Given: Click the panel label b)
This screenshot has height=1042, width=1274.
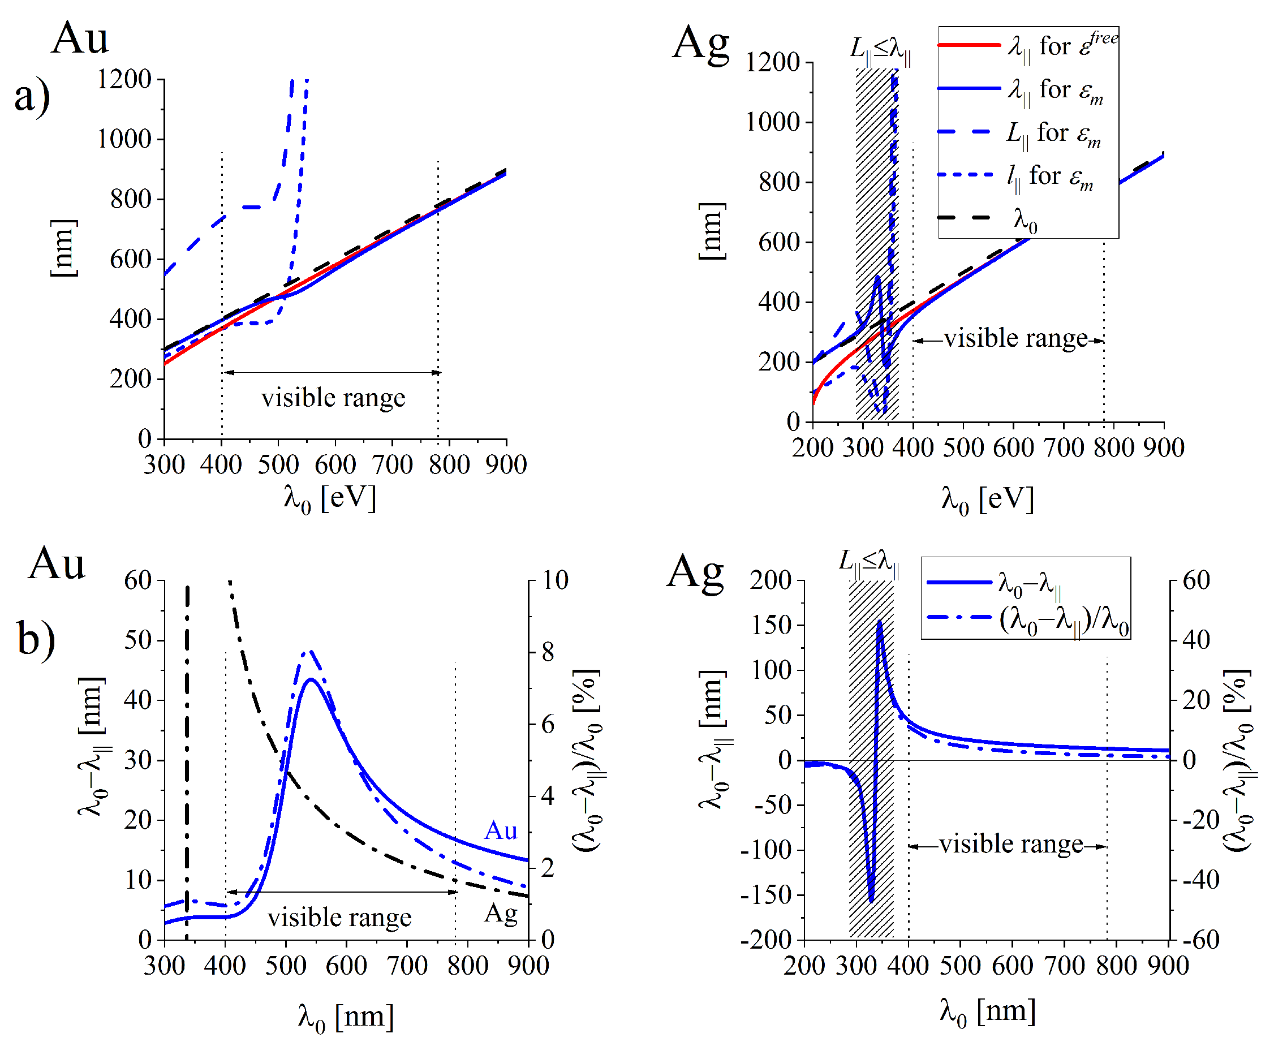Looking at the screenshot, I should [36, 639].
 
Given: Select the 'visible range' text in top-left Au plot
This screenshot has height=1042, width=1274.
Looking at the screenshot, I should [333, 398].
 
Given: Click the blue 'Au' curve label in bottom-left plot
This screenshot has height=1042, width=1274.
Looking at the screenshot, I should [501, 832].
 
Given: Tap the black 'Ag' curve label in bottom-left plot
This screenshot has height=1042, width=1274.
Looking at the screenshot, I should [501, 913].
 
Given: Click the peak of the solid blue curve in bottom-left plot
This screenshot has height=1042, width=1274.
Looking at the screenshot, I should [311, 679].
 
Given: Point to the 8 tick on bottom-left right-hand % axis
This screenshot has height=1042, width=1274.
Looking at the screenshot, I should [548, 652].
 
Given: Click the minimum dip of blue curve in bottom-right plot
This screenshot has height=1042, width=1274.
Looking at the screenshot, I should [871, 901].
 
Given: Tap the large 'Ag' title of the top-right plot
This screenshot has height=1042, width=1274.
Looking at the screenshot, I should [700, 43].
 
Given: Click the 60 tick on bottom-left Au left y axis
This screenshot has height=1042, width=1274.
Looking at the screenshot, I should [137, 580].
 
